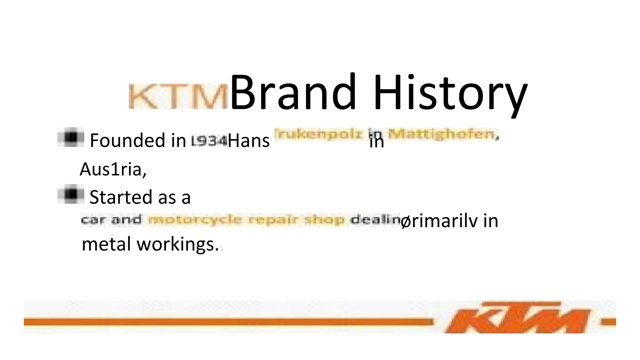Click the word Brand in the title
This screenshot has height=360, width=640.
tap(293, 92)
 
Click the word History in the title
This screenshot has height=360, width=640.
tap(450, 94)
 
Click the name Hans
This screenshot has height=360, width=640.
tap(248, 141)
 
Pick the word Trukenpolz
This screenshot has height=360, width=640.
tap(319, 134)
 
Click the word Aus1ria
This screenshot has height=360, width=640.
tap(112, 170)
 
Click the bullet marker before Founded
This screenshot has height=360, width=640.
tap(71, 137)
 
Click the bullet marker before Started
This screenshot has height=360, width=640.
tap(71, 194)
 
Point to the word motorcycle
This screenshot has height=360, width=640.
tap(195, 220)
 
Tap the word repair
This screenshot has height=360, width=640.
tap(273, 220)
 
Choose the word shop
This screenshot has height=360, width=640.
tap(324, 220)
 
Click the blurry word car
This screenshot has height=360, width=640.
tap(93, 220)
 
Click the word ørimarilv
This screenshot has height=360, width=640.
tap(439, 221)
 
